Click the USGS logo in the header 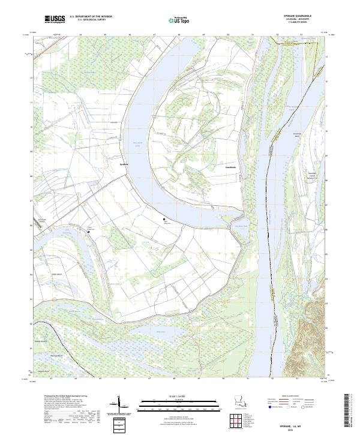tap(55, 20)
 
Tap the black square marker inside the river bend tap(164, 220)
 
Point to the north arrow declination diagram tap(118, 405)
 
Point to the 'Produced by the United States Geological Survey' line tap(58, 397)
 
